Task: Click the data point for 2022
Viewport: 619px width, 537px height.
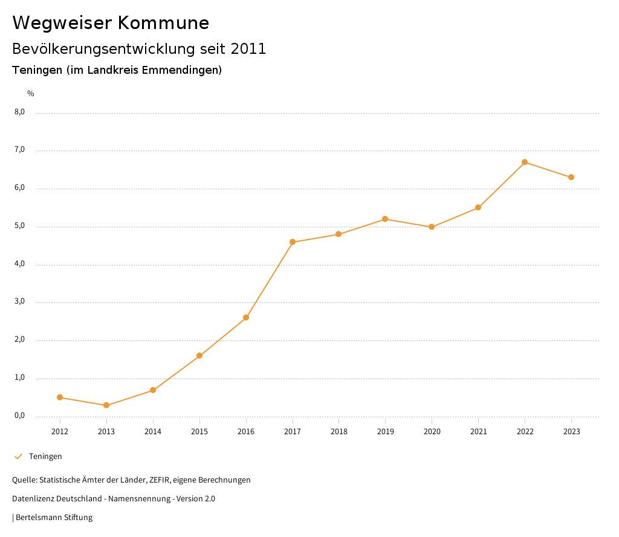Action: pos(525,162)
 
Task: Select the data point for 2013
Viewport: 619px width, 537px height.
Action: pos(106,405)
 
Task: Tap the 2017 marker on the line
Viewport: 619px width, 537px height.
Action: pos(293,242)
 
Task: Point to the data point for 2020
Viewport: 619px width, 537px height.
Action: pos(432,227)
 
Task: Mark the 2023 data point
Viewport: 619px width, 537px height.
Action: pos(571,177)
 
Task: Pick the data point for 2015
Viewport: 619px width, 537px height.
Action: pos(199,356)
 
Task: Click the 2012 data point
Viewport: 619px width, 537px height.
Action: pos(60,397)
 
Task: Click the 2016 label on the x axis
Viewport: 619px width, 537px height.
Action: pos(246,431)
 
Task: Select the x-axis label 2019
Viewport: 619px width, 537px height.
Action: pos(386,431)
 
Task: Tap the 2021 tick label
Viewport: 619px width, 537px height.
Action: pos(478,431)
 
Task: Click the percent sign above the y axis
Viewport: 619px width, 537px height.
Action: pos(31,94)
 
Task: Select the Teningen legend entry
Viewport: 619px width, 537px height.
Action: pos(45,457)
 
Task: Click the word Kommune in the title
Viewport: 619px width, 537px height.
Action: pos(164,23)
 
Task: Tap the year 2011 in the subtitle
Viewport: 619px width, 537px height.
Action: pos(248,49)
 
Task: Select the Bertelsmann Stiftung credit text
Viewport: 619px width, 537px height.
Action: pos(54,518)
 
